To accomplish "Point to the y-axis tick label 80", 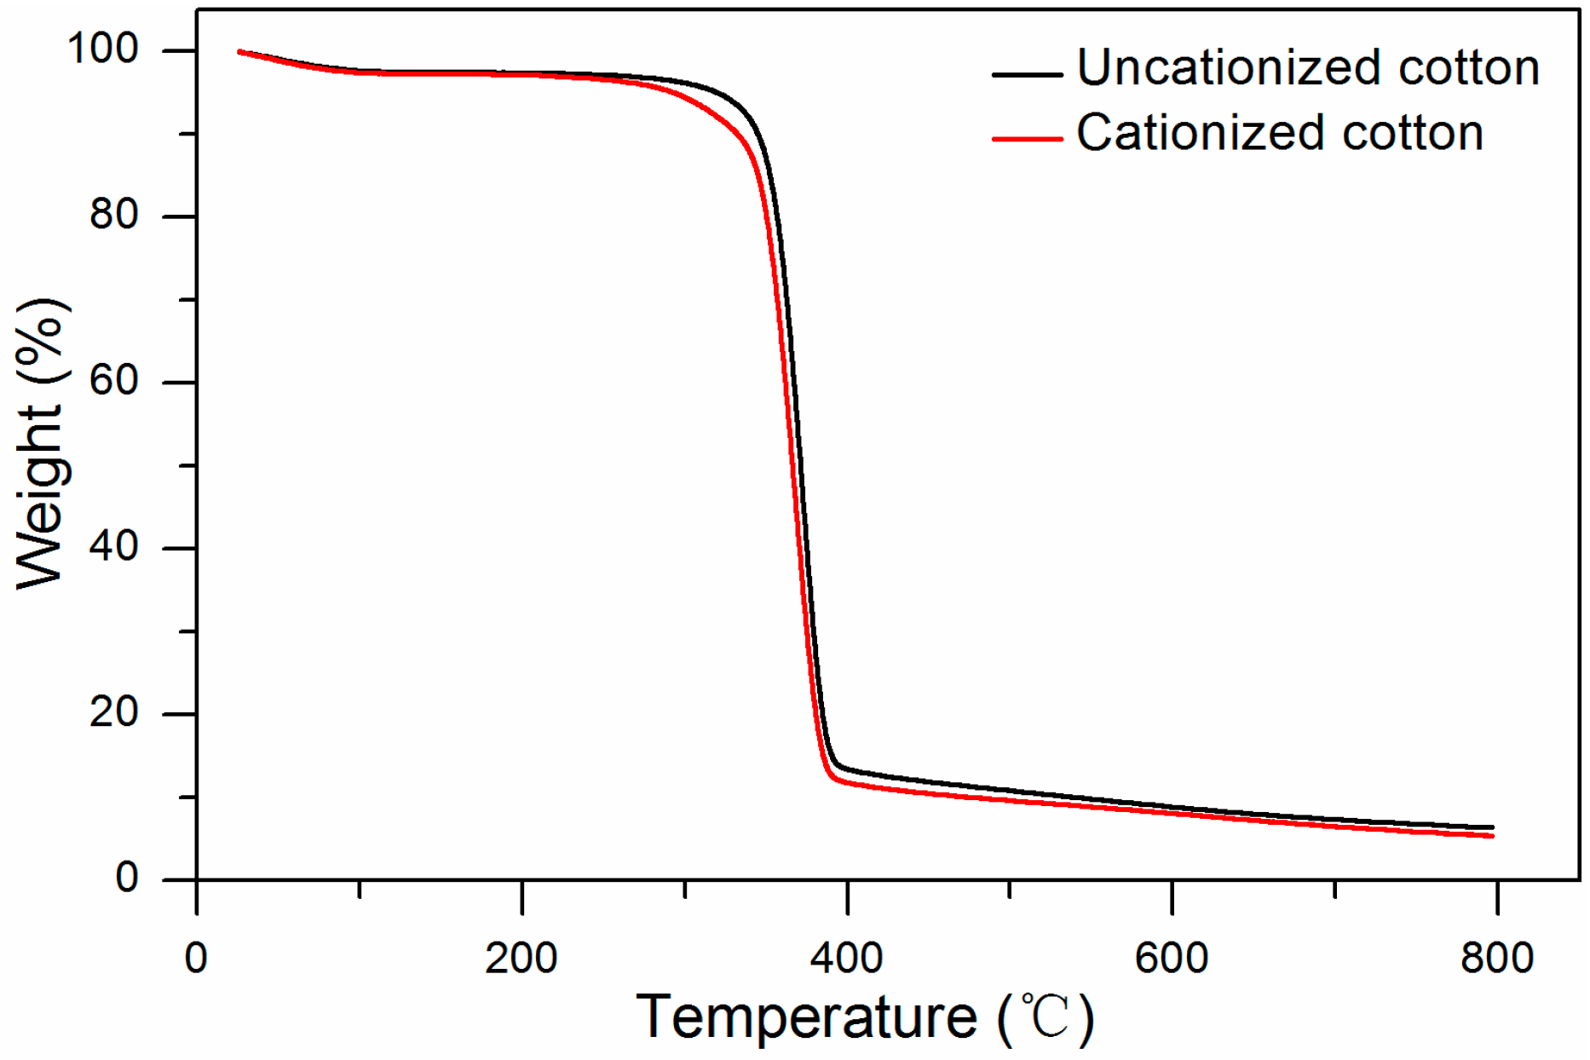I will (114, 215).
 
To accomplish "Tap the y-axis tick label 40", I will (114, 546).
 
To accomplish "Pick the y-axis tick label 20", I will (114, 711).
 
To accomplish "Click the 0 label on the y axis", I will (127, 878).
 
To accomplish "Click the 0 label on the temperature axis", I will (196, 958).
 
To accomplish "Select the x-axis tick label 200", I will (521, 958).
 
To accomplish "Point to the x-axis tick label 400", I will (846, 958).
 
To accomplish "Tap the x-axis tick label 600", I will (1172, 958).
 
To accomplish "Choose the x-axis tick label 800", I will (1497, 958).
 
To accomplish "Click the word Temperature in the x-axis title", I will (806, 1017).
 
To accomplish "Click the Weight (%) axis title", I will (40, 443).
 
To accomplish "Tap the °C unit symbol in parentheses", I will (1046, 1017).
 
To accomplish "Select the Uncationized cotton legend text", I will (1308, 68).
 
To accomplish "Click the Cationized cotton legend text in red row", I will (1280, 134).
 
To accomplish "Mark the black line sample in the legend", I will (1027, 75).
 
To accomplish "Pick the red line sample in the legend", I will (1027, 139).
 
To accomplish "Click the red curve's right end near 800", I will (1491, 836).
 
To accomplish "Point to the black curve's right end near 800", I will (1491, 827).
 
